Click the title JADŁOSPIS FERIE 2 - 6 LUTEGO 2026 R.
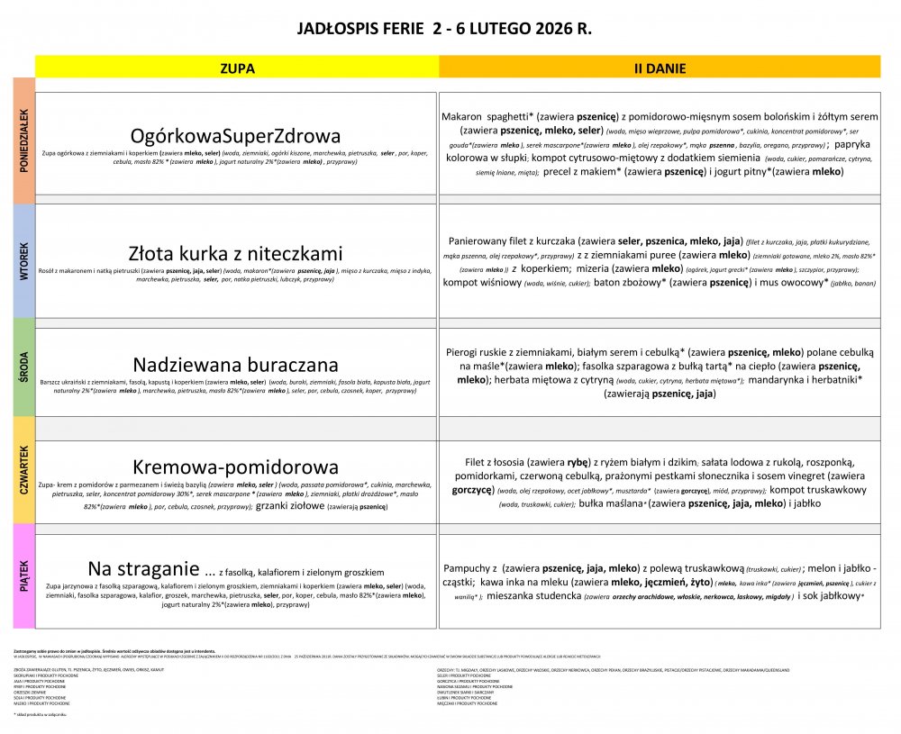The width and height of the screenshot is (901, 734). point(444,29)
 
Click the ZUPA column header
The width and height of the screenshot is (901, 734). point(237,68)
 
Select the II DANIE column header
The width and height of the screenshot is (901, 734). point(660,68)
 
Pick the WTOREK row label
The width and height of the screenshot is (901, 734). point(23,261)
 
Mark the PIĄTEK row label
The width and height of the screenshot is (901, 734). point(23,575)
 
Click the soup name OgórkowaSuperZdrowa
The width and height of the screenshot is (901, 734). point(236,136)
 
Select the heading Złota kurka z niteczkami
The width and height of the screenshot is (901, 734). point(236,254)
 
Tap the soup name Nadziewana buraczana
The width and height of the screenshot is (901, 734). point(236,365)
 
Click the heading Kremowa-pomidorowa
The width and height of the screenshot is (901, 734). point(236,467)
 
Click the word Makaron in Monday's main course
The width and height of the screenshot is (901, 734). point(462,116)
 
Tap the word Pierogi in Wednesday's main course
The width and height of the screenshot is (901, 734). point(468,353)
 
